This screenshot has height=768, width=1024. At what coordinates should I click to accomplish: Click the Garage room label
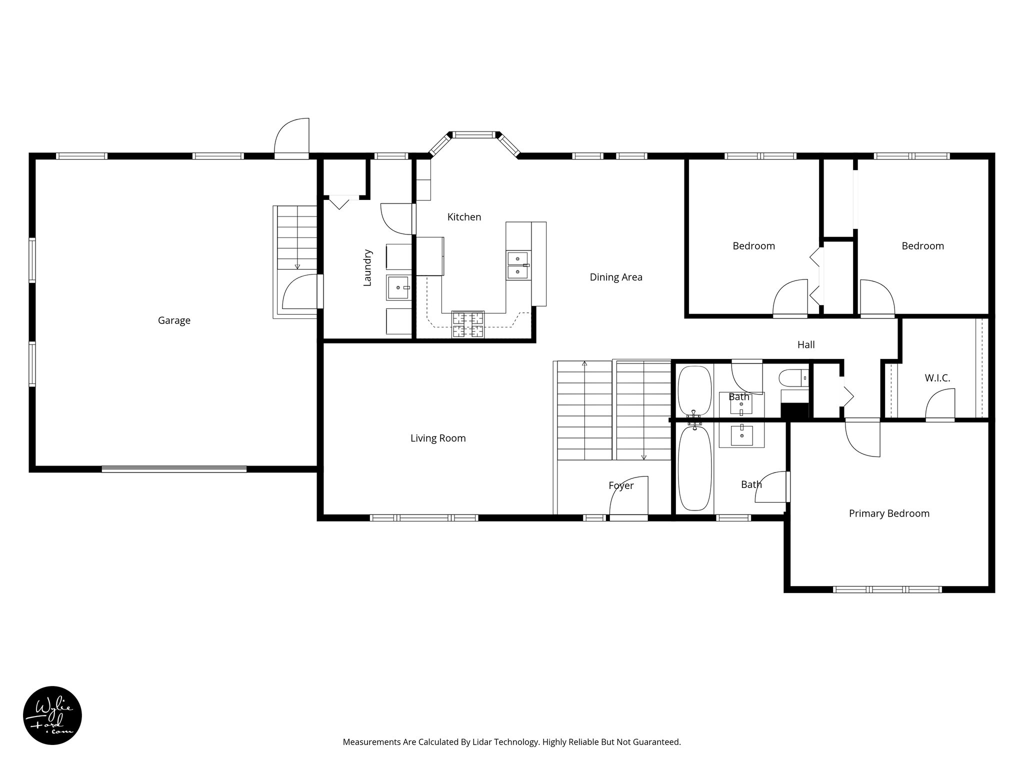click(x=174, y=320)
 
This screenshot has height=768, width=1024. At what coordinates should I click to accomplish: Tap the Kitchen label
click(x=464, y=217)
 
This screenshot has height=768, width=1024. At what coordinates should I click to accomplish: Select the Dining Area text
click(x=616, y=277)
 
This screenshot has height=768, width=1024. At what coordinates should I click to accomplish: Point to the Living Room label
click(x=438, y=438)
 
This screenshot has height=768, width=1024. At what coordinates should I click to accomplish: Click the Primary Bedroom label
click(x=889, y=513)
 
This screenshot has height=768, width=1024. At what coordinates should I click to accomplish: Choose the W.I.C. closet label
click(x=937, y=378)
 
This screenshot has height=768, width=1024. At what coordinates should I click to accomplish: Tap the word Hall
click(x=806, y=344)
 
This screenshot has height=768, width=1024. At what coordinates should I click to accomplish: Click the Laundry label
click(x=367, y=267)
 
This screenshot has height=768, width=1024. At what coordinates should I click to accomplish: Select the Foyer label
click(x=621, y=485)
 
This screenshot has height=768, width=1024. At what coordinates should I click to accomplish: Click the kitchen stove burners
click(x=468, y=324)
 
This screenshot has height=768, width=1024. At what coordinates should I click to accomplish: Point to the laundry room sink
click(x=398, y=287)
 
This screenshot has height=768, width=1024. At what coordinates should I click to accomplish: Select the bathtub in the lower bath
click(x=694, y=467)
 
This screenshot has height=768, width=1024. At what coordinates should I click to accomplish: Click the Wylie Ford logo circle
click(x=52, y=715)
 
